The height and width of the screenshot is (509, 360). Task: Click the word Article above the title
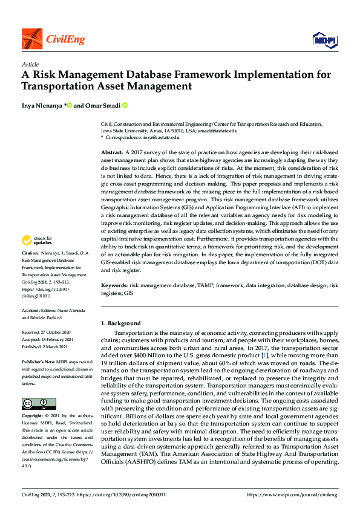click(x=30, y=65)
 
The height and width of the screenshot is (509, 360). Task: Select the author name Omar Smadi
click(x=106, y=105)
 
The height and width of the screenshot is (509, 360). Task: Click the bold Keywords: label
click(x=114, y=284)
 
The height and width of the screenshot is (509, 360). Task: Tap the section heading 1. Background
click(x=120, y=323)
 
